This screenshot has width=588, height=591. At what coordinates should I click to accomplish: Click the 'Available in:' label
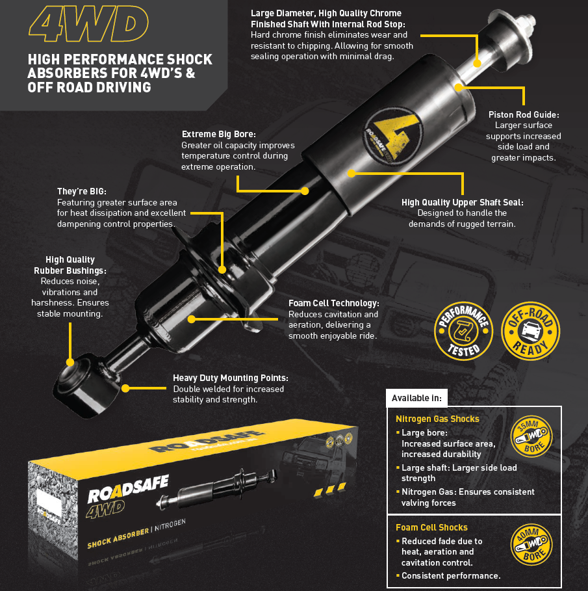pos(416,398)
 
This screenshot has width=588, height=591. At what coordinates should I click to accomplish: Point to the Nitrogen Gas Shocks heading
pos(437,419)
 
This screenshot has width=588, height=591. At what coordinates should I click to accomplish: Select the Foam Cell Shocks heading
pos(431,527)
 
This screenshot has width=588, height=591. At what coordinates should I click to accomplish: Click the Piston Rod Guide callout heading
pos(524,115)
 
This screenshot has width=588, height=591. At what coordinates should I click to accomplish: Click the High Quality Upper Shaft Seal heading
pos(462,202)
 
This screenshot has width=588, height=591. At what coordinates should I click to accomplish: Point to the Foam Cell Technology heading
pos(333,304)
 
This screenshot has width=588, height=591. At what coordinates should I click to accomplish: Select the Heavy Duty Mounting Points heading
pos(230,378)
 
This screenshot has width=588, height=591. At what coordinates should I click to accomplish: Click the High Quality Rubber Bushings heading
pos(70,265)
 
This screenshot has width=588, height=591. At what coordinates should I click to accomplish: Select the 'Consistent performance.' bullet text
pos(451,576)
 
